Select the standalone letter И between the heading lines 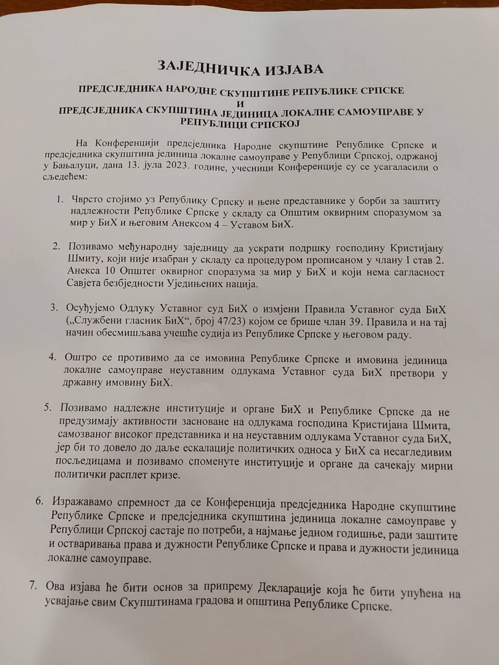(x=240, y=103)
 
